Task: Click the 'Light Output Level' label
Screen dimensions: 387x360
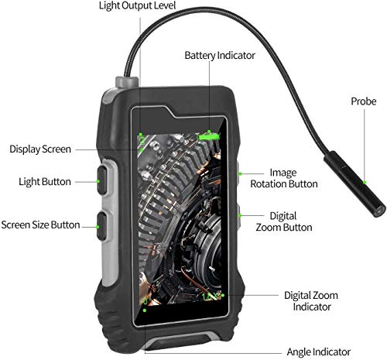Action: pos(137,5)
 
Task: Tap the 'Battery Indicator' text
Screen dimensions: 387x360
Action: pos(220,55)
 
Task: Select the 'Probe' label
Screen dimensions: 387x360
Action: pos(364,101)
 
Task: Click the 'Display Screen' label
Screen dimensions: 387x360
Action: pos(40,149)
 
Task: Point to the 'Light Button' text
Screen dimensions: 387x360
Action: pos(45,182)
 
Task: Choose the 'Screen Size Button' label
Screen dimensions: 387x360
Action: pos(40,225)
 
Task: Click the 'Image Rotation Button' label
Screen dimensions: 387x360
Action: pos(284,178)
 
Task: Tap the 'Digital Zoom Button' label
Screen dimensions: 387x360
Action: pos(284,221)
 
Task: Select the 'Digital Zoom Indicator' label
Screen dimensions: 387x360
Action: pos(311,301)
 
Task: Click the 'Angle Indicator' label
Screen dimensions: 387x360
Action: pos(319,351)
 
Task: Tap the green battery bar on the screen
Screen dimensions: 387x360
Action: pos(208,137)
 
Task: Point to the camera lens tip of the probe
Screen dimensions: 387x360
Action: pos(378,211)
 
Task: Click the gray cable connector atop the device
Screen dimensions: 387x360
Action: pos(127,82)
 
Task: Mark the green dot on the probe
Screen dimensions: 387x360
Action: pos(365,182)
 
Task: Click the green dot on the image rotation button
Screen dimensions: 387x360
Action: pos(240,174)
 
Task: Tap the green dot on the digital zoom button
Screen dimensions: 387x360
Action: pos(240,215)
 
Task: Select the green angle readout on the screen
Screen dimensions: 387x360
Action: pos(146,301)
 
